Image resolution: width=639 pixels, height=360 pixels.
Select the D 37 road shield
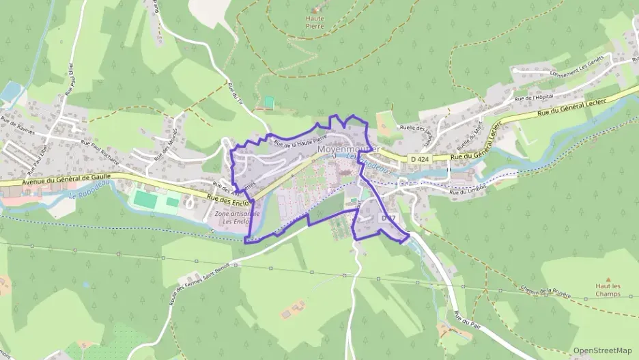(388, 218)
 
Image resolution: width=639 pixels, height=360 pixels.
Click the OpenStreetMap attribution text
(603, 350)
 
